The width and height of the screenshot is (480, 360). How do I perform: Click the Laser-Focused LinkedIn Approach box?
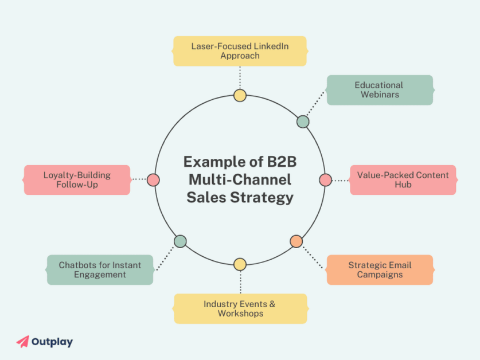(x=240, y=51)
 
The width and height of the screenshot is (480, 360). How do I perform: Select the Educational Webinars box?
(x=379, y=90)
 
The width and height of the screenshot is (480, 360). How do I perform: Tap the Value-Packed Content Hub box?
(x=403, y=180)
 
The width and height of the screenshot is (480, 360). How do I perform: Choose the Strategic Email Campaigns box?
(x=380, y=270)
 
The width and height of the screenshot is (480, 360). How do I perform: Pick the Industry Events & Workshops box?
(x=240, y=309)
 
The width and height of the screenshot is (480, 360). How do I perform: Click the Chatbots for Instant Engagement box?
(x=100, y=270)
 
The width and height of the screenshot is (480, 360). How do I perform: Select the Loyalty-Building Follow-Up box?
(x=77, y=180)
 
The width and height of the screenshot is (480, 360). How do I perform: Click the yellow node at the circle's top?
(x=240, y=96)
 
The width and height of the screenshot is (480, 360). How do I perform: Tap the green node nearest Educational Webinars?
(x=303, y=122)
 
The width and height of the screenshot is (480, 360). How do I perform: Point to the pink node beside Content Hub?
(x=325, y=180)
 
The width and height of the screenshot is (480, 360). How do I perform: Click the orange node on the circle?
(x=296, y=241)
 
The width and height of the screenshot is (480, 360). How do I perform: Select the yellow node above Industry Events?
(x=240, y=264)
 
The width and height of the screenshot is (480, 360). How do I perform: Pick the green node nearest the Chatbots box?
(x=180, y=241)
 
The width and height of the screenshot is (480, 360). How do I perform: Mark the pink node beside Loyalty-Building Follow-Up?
(x=153, y=180)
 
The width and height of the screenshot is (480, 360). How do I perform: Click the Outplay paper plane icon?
(x=22, y=342)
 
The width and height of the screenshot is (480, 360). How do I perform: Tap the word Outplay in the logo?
(x=53, y=342)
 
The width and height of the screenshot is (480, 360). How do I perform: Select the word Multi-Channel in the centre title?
(x=240, y=179)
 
